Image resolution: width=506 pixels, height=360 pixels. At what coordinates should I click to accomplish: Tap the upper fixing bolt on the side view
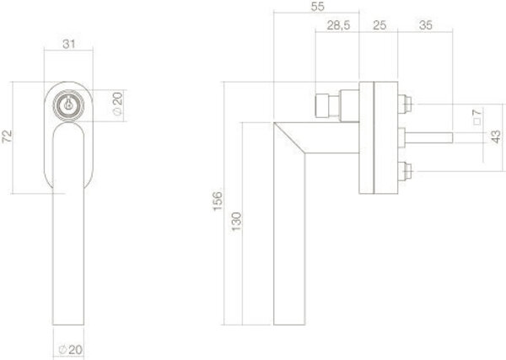pyautogui.click(x=405, y=105)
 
